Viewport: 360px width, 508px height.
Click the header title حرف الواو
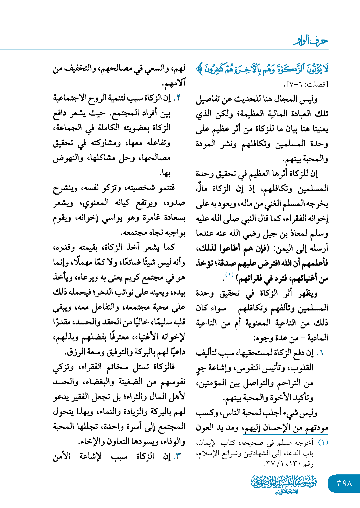(x=310, y=41)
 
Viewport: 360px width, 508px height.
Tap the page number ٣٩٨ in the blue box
(x=344, y=483)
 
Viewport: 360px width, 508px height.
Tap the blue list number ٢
(x=178, y=98)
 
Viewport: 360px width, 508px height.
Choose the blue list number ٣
(x=178, y=456)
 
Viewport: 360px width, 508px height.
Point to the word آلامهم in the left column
(x=173, y=84)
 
